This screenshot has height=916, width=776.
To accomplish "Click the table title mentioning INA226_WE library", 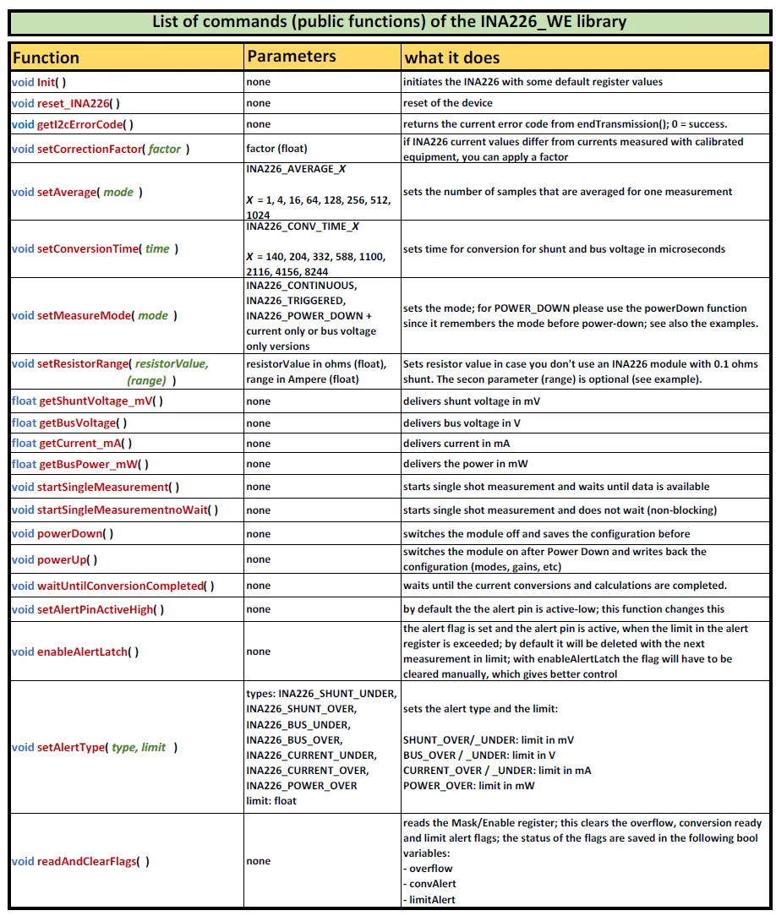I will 389,21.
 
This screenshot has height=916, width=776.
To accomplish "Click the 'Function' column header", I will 46,57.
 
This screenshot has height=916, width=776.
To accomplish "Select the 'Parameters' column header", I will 291,57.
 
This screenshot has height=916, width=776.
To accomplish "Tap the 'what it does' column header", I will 452,57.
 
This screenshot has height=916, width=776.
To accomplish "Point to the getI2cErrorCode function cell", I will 73,124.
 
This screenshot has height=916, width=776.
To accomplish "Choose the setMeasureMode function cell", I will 94,315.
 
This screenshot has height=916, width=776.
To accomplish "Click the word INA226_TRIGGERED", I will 295,300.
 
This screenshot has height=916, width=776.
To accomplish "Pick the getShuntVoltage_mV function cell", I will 87,401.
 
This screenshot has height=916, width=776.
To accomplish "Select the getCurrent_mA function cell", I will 72,443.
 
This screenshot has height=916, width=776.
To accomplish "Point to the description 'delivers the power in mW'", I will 467,464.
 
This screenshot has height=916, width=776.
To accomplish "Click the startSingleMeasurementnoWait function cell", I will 115,510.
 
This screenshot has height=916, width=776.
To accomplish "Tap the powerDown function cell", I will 63,534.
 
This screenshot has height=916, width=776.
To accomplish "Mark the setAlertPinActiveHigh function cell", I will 88,609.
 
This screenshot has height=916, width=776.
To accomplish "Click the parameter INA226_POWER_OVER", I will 301,785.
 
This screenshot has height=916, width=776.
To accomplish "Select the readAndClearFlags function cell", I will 81,861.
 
